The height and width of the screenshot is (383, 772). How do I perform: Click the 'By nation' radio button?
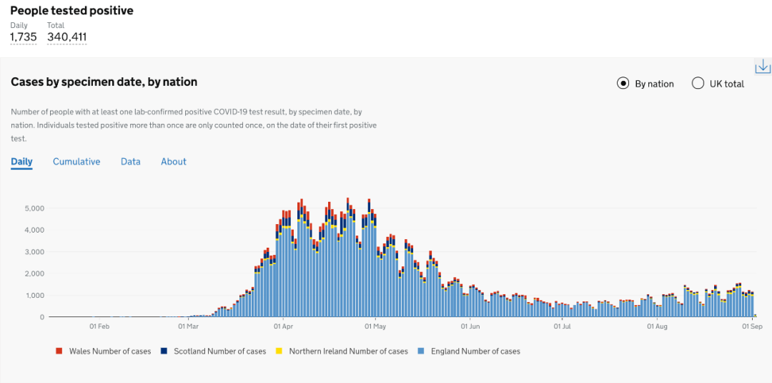[x=623, y=84]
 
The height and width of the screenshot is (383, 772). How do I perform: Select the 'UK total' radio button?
[x=698, y=84]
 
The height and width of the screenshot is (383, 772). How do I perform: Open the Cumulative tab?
[x=76, y=162]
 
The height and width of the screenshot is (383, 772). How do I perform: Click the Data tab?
[x=131, y=162]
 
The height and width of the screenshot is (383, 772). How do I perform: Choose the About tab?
[x=174, y=162]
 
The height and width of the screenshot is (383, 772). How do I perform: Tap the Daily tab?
[x=21, y=162]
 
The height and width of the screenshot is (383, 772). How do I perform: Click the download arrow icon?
[x=763, y=67]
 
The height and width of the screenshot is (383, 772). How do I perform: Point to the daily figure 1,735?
[x=23, y=37]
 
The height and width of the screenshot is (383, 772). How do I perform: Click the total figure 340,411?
[x=67, y=37]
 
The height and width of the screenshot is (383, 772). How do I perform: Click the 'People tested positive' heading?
[x=71, y=11]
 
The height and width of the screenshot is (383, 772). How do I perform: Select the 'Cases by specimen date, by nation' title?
[x=104, y=82]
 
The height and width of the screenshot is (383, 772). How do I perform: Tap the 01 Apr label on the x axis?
[x=284, y=327]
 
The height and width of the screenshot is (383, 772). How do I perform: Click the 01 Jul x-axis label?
[x=563, y=327]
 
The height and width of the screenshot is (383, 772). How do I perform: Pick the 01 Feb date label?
[x=99, y=327]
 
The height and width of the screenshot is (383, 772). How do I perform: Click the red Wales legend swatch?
[x=59, y=352]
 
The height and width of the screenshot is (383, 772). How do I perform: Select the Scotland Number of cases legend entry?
[x=218, y=352]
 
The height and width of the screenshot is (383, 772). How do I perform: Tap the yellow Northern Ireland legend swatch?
[x=279, y=352]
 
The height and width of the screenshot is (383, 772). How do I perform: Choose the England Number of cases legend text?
[x=475, y=352]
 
